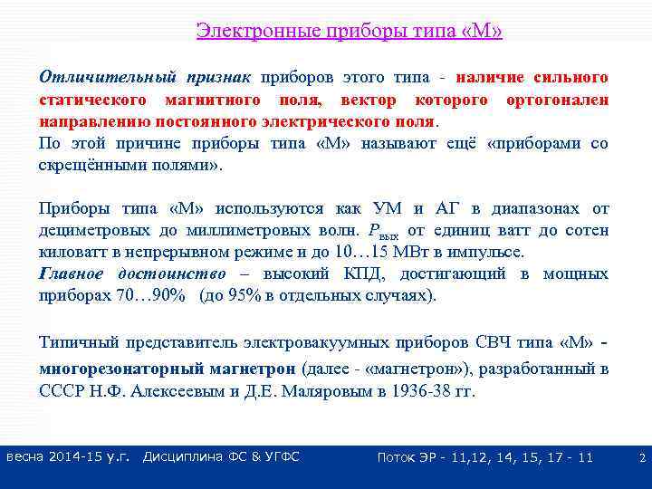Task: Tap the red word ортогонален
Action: pyautogui.click(x=559, y=100)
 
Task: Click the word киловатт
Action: pyautogui.click(x=72, y=253)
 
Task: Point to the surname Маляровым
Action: pyautogui.click(x=337, y=392)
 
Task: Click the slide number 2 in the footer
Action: pyautogui.click(x=641, y=458)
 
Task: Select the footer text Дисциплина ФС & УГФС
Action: pyautogui.click(x=221, y=457)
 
